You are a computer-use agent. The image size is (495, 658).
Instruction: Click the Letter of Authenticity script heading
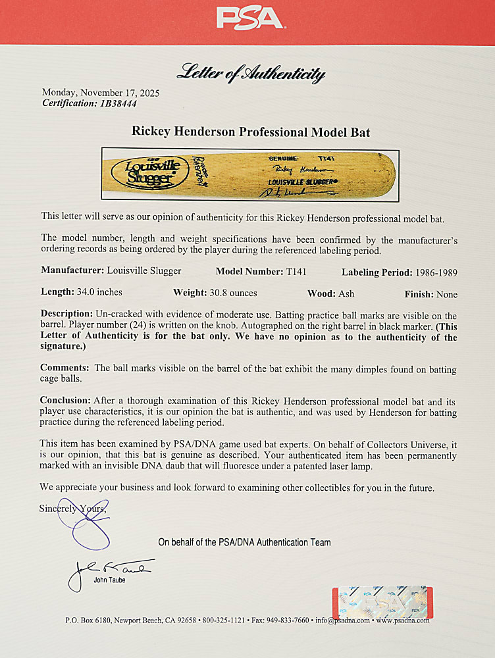coord(250,74)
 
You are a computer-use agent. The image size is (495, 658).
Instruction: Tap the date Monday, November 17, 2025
coord(101,93)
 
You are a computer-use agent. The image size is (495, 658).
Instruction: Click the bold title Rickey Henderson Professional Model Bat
coord(251,132)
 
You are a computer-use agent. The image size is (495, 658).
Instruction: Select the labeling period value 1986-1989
coord(435,272)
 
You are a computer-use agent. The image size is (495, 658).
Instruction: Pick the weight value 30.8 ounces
coord(233,292)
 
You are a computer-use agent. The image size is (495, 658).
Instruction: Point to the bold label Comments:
coord(65,368)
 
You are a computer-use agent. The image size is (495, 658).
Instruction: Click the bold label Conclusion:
coord(65,400)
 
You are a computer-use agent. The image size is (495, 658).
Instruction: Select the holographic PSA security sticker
coord(382,601)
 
